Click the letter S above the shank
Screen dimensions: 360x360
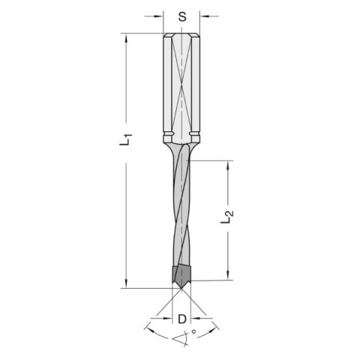[181, 16]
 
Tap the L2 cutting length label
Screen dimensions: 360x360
[232, 221]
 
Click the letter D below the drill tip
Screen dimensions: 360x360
[181, 319]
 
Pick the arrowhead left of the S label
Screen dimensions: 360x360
[158, 16]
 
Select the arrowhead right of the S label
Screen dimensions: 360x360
[204, 16]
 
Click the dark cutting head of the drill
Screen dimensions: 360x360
[180, 274]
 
